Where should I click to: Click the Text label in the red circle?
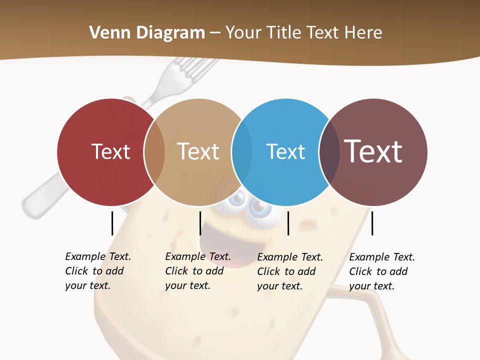point(110,151)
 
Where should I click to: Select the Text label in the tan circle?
point(198,151)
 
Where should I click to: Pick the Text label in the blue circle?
point(285,151)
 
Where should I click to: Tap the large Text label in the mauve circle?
point(373,151)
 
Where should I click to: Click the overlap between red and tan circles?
point(154,152)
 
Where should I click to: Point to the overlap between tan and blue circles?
point(242,152)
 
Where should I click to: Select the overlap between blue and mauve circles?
point(329,152)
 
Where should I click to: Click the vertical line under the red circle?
point(112,223)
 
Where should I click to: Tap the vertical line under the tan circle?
point(200,223)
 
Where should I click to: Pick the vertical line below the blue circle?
point(288,223)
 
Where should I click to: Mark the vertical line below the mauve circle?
point(372,223)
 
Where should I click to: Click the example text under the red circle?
point(98,271)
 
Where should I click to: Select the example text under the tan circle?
point(198,271)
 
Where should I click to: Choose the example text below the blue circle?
point(290,271)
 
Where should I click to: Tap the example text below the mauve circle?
point(382,271)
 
